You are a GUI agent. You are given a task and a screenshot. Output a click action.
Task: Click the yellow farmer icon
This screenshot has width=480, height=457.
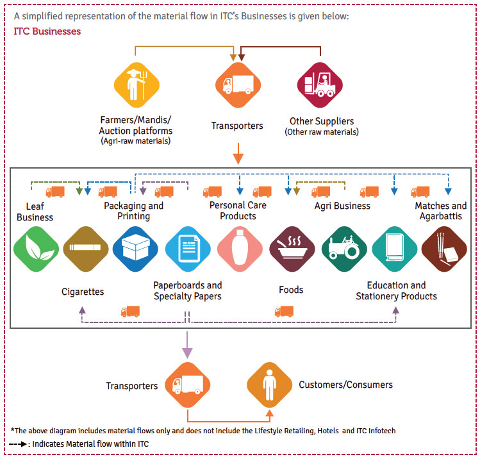[137, 85]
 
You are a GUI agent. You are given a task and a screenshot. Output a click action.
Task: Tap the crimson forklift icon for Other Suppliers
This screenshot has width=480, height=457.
[320, 85]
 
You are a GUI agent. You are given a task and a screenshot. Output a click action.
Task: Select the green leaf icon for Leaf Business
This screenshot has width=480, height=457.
[36, 249]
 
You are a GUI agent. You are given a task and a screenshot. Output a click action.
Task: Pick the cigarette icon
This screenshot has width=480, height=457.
[86, 249]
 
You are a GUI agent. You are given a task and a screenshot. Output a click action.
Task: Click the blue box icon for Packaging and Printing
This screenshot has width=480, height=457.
[135, 249]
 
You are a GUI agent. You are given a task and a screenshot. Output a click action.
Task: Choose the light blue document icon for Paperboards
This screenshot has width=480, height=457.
[188, 249]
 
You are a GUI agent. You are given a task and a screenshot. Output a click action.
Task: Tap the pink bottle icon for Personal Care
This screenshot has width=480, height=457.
[240, 249]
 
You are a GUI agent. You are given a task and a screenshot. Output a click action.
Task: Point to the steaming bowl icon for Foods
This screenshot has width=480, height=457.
[292, 249]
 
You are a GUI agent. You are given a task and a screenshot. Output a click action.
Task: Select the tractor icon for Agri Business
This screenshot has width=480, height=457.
[344, 249]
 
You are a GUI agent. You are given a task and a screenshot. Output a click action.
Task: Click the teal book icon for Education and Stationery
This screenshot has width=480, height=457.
[395, 249]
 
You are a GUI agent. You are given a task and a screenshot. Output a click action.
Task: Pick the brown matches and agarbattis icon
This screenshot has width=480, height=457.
[444, 249]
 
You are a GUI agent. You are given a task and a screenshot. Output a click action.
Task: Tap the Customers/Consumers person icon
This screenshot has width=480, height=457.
[269, 385]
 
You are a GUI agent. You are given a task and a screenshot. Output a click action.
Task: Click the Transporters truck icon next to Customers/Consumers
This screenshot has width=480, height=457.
[187, 385]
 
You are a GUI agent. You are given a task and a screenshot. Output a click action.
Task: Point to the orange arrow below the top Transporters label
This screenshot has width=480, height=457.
[238, 153]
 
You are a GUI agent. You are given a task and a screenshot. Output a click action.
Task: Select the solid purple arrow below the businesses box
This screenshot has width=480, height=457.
[187, 345]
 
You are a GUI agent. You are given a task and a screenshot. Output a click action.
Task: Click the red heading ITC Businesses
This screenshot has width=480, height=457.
[47, 31]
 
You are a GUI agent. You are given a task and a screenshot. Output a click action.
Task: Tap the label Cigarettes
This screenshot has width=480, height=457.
[83, 292]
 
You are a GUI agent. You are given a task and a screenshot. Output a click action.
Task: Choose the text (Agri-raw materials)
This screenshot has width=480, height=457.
[136, 141]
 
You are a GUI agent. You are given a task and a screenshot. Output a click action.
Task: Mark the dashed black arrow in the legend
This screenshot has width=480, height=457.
[18, 444]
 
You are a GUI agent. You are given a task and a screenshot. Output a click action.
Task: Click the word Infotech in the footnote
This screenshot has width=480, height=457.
[382, 431]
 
